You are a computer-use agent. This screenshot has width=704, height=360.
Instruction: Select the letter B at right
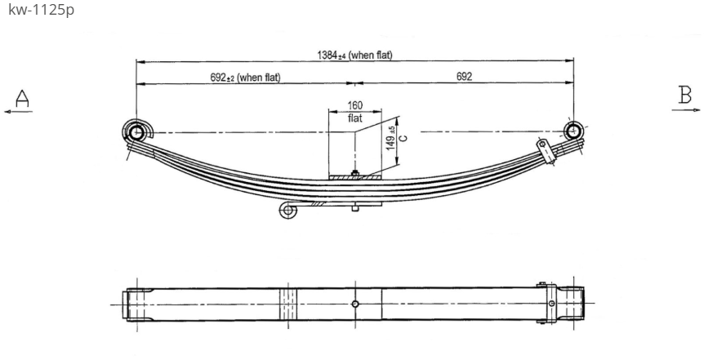pyautogui.click(x=684, y=95)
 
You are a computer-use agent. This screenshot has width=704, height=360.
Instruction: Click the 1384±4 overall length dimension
pyautogui.click(x=354, y=56)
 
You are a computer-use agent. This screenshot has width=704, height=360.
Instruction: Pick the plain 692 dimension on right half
pyautogui.click(x=464, y=76)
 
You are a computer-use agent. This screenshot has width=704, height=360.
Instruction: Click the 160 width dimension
pyautogui.click(x=354, y=105)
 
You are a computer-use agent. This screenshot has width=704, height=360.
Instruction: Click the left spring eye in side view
pyautogui.click(x=136, y=131)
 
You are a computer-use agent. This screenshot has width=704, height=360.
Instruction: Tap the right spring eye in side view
pyautogui.click(x=573, y=131)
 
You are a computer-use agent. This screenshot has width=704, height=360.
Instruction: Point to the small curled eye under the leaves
pyautogui.click(x=287, y=211)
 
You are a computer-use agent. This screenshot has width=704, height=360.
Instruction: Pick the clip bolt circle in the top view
pyautogui.click(x=551, y=304)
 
